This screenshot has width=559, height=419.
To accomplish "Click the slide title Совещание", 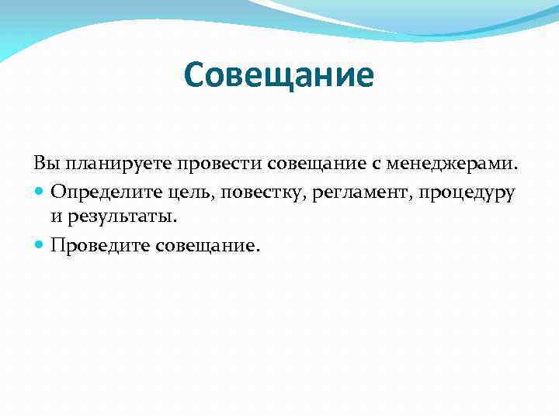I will pos(279,76).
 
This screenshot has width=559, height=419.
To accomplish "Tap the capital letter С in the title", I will pos(196,76).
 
